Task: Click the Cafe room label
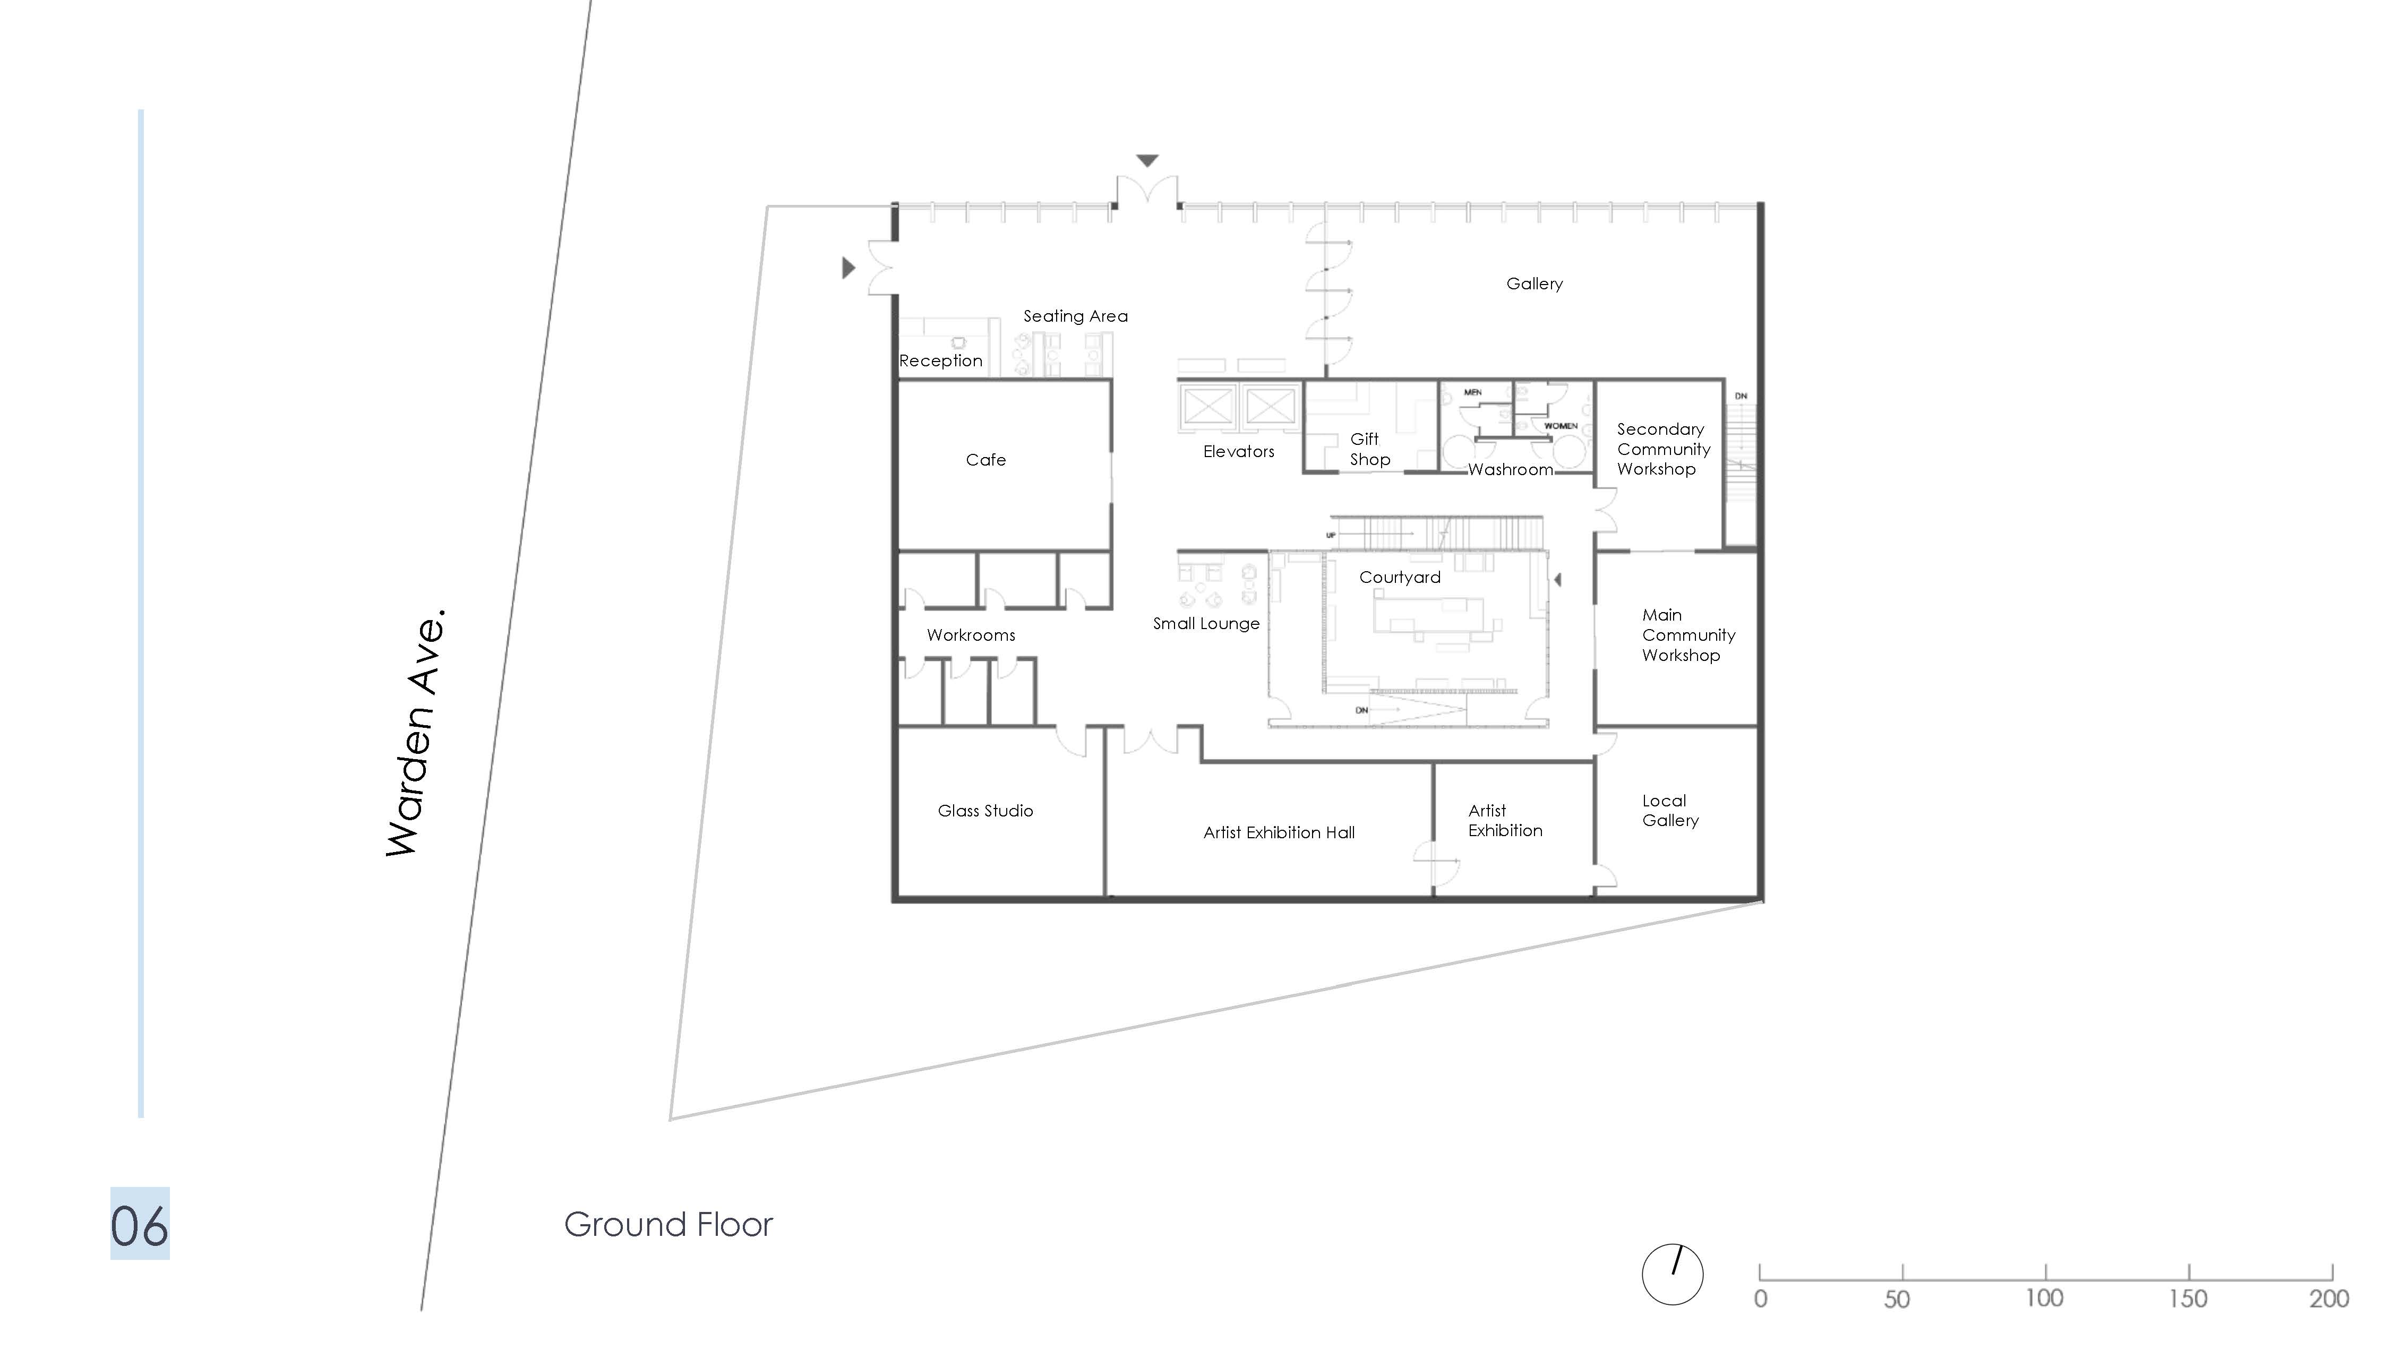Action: [x=985, y=459]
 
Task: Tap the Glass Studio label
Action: [x=985, y=811]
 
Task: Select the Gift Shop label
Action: [x=1369, y=449]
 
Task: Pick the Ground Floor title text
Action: [x=668, y=1224]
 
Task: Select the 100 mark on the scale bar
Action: [x=2044, y=1298]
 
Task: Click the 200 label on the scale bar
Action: [x=2328, y=1298]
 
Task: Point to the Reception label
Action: [x=940, y=360]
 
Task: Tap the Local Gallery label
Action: [x=1669, y=811]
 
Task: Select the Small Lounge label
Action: [x=1206, y=623]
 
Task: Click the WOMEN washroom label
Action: [x=1561, y=426]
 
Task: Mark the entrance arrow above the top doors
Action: [x=1147, y=160]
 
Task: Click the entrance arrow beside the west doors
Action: [x=848, y=268]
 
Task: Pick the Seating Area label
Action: [x=1075, y=316]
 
